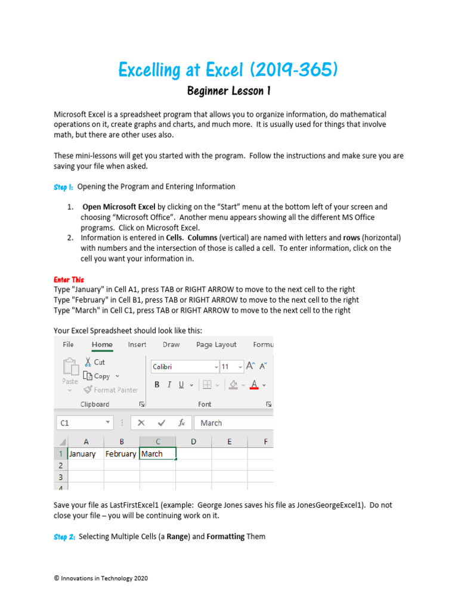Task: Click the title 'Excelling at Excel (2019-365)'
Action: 228,70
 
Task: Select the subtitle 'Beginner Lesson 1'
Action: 229,91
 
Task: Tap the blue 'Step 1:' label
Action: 63,187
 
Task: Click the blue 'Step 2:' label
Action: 64,537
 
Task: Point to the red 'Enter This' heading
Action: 69,279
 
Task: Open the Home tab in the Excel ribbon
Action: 102,345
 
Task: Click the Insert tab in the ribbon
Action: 137,345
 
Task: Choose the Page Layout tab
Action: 216,345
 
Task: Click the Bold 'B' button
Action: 157,385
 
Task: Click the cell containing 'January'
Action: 85,454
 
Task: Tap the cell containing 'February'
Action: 121,454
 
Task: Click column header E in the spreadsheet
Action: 229,441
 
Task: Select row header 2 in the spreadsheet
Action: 60,465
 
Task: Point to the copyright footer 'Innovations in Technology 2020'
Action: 101,578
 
